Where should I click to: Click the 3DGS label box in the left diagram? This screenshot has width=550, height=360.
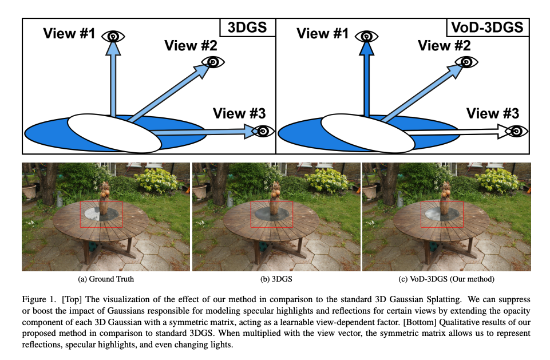click(x=247, y=27)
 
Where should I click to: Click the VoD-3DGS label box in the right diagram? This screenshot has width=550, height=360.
click(x=486, y=27)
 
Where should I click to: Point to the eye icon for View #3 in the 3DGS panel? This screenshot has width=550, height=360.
click(x=263, y=131)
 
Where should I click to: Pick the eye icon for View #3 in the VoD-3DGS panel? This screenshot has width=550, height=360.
click(x=516, y=131)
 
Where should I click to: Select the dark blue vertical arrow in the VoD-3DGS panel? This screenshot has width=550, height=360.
click(x=366, y=80)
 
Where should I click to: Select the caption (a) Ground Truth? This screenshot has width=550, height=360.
click(x=106, y=279)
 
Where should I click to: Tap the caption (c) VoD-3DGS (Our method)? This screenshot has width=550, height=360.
click(x=446, y=279)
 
